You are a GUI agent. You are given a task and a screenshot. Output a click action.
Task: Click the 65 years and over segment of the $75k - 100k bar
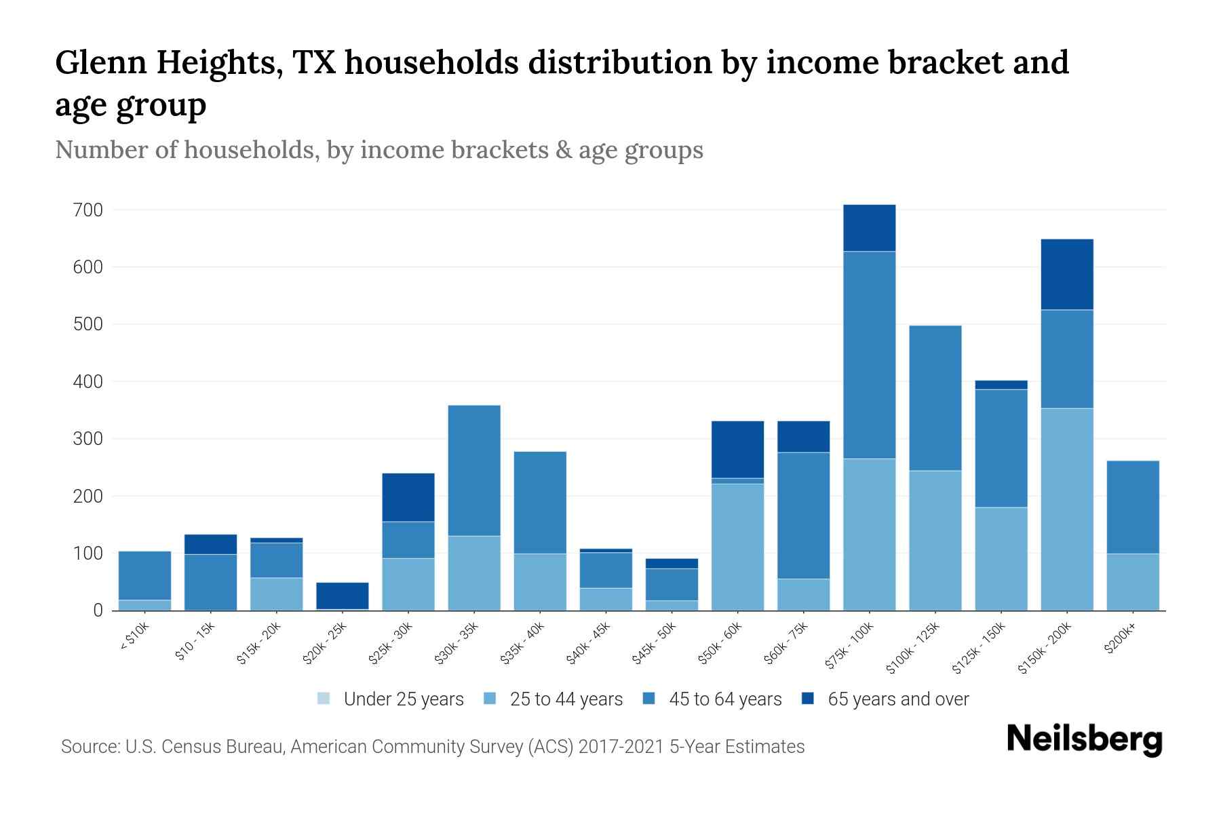pos(869,228)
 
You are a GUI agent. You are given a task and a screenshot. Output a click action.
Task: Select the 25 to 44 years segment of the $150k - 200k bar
pos(1067,509)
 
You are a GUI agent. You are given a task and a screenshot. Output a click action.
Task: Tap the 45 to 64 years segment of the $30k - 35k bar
pos(474,470)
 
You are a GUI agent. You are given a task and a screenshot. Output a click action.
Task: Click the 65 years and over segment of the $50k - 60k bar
pos(737,449)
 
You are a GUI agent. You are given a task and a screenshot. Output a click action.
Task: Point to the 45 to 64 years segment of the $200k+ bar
pos(1133,507)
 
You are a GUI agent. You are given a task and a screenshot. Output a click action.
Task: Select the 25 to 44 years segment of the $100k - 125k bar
pos(935,540)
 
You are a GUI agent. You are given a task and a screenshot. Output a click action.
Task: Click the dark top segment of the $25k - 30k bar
pos(408,497)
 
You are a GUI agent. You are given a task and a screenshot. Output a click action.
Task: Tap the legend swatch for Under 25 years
pos(324,699)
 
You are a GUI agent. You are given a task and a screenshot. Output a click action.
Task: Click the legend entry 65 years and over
pos(897,699)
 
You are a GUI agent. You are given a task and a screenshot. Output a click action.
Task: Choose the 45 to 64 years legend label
pos(724,699)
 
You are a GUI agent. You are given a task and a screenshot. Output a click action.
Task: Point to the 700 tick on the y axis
pos(88,210)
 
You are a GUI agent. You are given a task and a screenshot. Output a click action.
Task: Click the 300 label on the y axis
pos(88,439)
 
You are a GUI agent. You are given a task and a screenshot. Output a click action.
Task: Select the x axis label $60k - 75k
pos(786,642)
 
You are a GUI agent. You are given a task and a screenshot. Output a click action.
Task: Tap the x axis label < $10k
pos(134,637)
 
